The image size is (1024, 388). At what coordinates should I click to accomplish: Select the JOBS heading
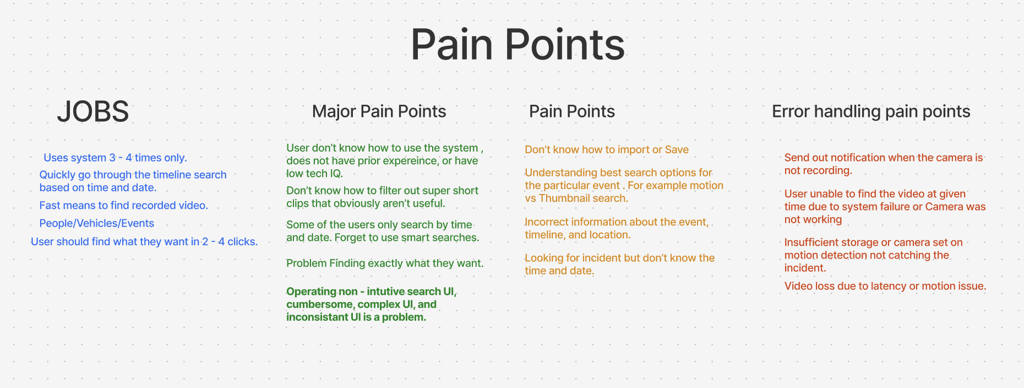[92, 111]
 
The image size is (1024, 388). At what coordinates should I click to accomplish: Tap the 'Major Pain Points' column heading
[379, 111]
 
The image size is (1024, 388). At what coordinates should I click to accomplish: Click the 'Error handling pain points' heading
[871, 111]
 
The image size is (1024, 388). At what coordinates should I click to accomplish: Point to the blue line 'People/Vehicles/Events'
[96, 223]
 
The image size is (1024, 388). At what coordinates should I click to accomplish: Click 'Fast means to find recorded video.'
[123, 206]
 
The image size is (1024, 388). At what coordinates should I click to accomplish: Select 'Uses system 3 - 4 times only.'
[115, 158]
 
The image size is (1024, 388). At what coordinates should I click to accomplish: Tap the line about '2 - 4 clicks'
[144, 241]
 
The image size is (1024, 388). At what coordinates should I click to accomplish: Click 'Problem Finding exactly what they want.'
[385, 263]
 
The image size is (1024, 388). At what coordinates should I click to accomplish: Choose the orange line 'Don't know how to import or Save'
[607, 149]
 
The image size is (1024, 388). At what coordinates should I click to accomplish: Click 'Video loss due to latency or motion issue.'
[885, 286]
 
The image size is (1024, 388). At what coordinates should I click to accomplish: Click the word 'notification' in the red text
[857, 158]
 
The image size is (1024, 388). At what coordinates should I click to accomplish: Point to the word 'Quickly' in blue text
[57, 175]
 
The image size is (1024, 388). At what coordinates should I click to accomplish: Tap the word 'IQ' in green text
[335, 174]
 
